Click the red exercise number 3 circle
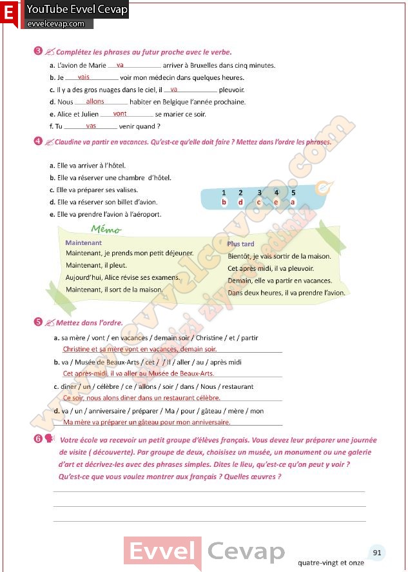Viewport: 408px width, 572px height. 38,51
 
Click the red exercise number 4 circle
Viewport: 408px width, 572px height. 38,141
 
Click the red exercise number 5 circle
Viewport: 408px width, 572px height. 38,321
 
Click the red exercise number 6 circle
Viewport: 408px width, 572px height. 38,440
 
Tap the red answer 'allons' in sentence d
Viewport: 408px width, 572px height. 95,101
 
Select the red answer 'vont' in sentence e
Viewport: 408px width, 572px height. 119,113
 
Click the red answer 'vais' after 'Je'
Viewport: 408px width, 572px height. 83,77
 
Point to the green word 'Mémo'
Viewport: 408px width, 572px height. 106,230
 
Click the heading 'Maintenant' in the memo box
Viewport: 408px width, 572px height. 84,243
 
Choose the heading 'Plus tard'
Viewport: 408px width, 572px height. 240,244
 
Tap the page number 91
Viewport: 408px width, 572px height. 377,553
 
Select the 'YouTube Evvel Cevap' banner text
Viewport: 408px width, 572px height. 77,10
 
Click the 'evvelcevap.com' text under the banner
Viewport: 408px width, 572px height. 56,24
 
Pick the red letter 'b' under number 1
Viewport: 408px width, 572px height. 224,202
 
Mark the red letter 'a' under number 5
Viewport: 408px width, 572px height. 293,202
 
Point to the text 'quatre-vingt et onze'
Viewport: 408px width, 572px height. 331,562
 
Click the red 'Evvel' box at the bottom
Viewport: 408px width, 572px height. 162,552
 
